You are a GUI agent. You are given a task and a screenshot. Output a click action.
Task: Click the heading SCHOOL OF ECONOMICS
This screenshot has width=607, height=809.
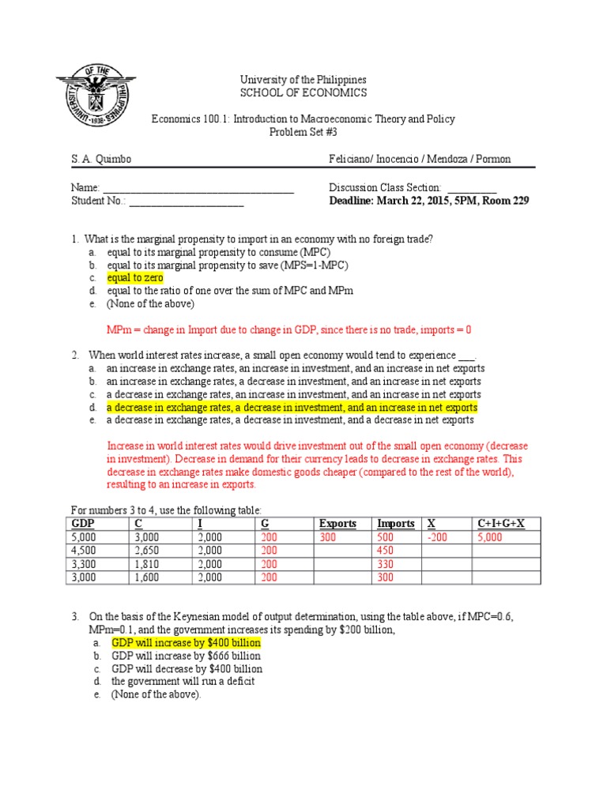(x=303, y=93)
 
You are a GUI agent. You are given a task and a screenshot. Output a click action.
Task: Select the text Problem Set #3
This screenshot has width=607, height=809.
(x=303, y=132)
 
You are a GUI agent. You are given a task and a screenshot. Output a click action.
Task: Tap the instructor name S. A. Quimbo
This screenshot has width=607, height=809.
(x=101, y=160)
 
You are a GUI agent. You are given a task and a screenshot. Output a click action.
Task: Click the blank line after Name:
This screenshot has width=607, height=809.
(x=198, y=188)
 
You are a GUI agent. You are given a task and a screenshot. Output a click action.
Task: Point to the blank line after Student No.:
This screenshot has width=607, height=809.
(x=187, y=201)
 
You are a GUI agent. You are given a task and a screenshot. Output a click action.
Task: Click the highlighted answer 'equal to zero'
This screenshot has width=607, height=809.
(x=135, y=278)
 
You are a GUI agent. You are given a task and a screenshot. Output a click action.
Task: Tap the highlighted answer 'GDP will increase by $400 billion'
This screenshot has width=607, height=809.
(x=186, y=643)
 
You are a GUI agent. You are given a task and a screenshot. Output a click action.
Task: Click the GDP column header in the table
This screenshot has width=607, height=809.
(x=83, y=524)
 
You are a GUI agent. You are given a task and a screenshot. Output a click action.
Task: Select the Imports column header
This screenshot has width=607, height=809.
(x=395, y=524)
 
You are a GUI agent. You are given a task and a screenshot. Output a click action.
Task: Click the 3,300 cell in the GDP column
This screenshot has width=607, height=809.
(x=85, y=564)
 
